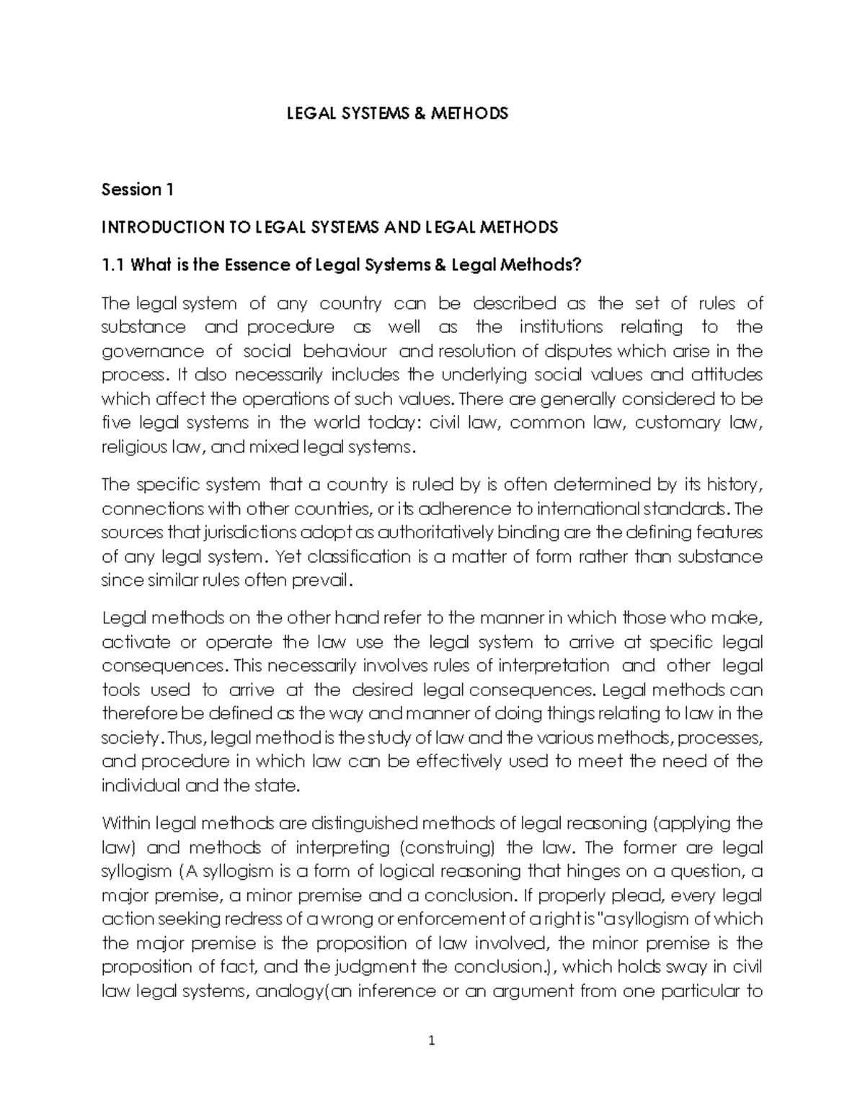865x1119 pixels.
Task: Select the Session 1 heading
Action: click(138, 190)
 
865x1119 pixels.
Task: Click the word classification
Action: click(347, 556)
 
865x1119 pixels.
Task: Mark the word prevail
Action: click(330, 580)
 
